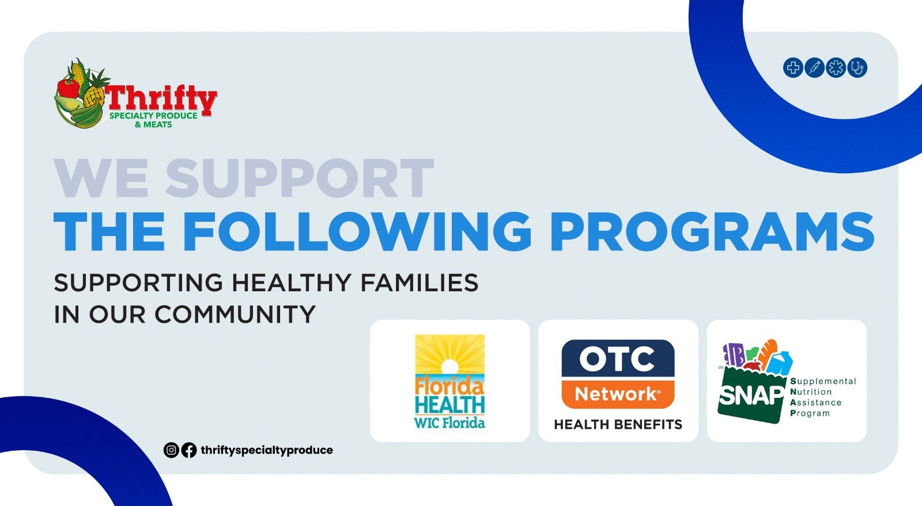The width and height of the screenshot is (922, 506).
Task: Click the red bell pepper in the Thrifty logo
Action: [68, 87]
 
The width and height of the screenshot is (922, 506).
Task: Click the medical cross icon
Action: [793, 68]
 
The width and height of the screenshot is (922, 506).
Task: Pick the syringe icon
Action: [814, 68]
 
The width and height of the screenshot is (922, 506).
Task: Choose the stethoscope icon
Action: [857, 68]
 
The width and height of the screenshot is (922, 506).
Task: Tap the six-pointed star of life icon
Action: [836, 68]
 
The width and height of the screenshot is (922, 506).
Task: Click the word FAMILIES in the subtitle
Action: [420, 283]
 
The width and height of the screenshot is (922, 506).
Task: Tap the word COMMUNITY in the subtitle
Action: [235, 314]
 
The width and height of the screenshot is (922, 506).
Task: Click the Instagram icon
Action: [171, 450]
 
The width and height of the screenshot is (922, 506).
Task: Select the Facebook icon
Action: [189, 450]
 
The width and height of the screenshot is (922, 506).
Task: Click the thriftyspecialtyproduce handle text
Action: [267, 451]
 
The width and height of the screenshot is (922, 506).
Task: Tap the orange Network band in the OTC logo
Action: [618, 394]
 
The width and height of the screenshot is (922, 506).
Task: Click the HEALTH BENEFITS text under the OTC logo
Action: [618, 424]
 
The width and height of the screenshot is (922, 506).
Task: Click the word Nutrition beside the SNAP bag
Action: [811, 391]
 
